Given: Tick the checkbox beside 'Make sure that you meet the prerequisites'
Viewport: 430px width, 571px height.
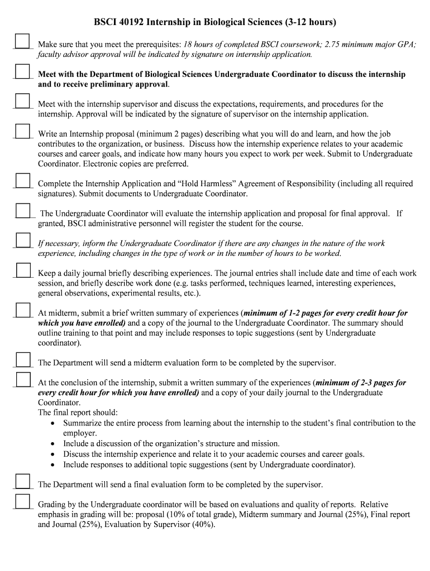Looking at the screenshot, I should coord(22,42).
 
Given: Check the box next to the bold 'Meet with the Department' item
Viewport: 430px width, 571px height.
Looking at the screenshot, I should coord(22,72).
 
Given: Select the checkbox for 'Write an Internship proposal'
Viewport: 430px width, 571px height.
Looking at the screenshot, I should coord(22,132).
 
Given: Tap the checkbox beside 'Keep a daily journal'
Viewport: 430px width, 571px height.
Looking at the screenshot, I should coord(22,270).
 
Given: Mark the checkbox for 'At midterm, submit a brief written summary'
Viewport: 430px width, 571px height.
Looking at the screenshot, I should coord(22,311).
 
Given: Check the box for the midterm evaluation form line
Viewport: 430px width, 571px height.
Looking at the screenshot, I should coord(22,360).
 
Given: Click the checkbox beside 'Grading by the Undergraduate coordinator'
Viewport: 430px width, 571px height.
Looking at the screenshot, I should coord(22,502).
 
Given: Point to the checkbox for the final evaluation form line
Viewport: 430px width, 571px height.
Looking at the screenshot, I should coord(22,482).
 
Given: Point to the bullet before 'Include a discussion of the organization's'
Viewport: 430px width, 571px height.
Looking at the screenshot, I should coord(52,444).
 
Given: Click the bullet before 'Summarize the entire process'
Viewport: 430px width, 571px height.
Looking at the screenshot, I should coord(52,423).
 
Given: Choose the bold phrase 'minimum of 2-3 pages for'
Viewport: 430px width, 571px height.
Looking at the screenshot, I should coord(361,383).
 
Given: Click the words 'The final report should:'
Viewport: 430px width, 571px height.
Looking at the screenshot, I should coord(78,413).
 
